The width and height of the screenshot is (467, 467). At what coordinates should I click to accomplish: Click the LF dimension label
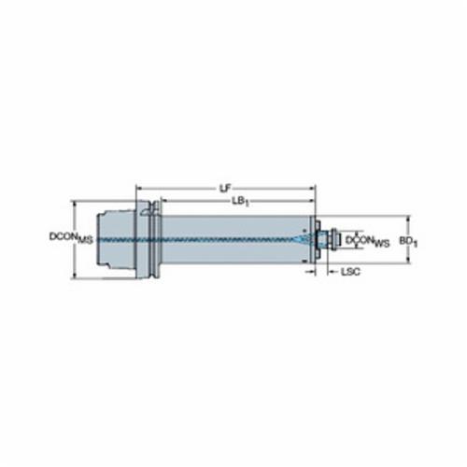(x=226, y=188)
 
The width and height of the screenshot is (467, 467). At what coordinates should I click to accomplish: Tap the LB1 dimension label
(x=240, y=202)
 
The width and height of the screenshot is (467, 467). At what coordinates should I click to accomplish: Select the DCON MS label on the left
(x=71, y=238)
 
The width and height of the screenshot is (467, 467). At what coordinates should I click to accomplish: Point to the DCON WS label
(x=368, y=241)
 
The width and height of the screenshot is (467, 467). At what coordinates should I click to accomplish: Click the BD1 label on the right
(x=408, y=241)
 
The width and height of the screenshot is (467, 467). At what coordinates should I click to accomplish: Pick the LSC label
(x=350, y=272)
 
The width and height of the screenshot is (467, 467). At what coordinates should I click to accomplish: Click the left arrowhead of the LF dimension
(x=139, y=189)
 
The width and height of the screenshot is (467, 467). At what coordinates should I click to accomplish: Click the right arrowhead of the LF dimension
(x=312, y=189)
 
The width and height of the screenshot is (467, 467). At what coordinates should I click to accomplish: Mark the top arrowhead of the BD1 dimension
(x=409, y=219)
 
